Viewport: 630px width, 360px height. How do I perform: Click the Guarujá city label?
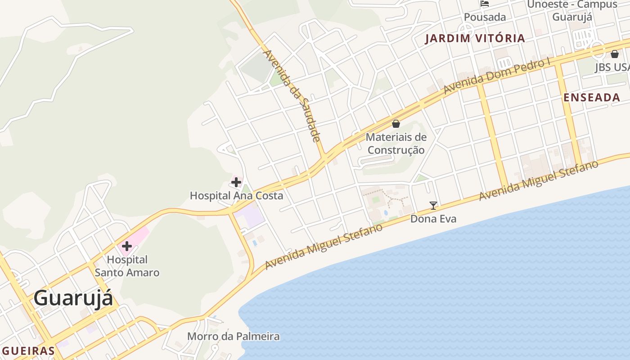(73, 298)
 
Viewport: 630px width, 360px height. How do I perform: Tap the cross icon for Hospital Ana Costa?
(236, 182)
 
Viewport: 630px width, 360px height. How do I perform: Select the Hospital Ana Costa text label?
(236, 196)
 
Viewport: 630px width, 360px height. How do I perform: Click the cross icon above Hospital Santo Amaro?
(127, 246)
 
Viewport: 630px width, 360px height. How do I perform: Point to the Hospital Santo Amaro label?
(127, 266)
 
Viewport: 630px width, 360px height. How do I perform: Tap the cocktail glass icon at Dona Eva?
(433, 206)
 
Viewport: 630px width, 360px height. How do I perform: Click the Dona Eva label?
(433, 219)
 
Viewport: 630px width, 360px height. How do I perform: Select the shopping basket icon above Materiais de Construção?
(396, 124)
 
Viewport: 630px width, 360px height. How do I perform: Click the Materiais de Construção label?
(396, 144)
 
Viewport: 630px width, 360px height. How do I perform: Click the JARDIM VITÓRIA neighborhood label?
(475, 38)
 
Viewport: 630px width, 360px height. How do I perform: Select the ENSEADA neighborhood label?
(592, 98)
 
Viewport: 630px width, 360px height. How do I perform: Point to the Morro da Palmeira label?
(233, 336)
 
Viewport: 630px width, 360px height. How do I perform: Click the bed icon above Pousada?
(485, 4)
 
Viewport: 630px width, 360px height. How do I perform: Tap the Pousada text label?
(485, 17)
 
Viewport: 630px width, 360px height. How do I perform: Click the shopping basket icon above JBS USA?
(615, 54)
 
